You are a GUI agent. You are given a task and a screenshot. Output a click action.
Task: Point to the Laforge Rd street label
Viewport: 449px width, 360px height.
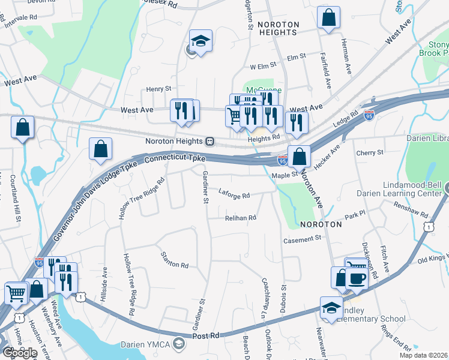point(235,194)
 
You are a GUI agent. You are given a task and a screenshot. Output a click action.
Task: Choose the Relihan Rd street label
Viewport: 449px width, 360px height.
point(241,218)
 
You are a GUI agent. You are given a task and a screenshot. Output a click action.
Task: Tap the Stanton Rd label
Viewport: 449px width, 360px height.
point(175,260)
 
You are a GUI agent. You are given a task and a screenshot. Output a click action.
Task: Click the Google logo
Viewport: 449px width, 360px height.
point(20,352)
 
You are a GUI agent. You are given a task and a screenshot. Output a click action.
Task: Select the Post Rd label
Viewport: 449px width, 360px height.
point(207,337)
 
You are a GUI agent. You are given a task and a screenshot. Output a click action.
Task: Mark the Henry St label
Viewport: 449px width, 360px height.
point(159,89)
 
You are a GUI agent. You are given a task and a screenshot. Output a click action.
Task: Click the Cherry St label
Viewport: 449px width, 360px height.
point(369,153)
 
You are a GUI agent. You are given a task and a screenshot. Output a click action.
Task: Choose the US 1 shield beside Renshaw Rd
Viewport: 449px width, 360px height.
point(428,226)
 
